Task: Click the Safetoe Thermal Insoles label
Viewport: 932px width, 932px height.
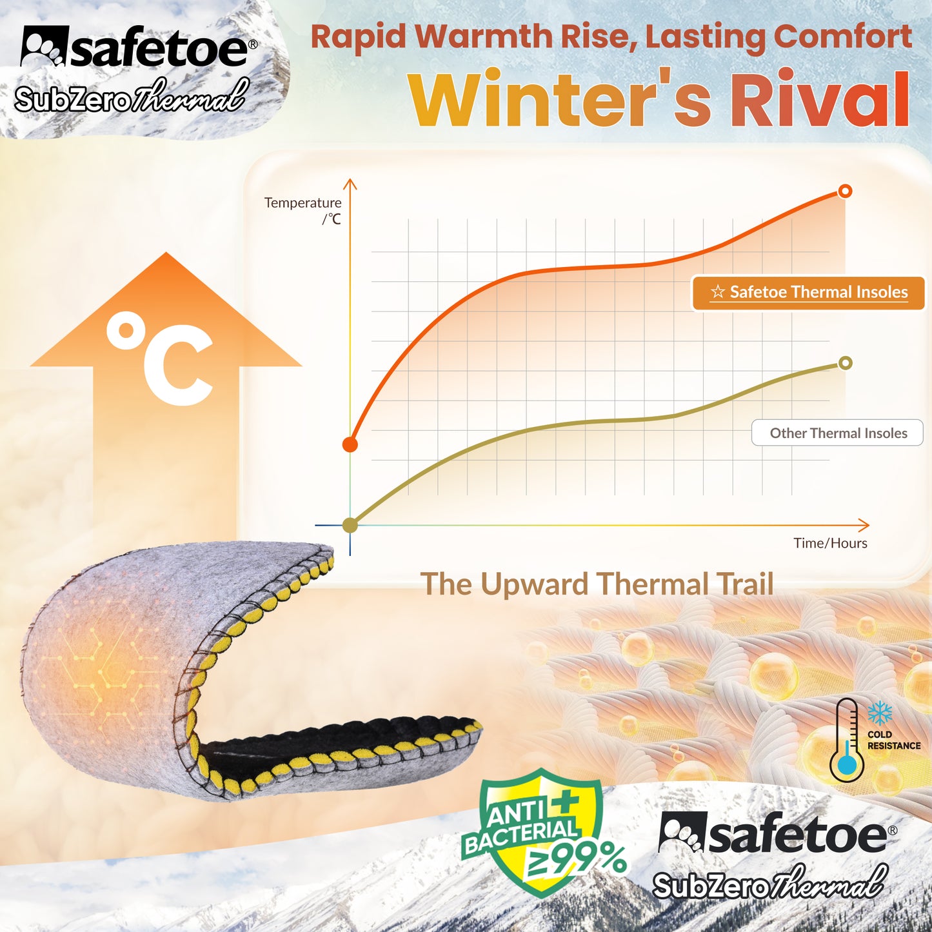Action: click(x=809, y=293)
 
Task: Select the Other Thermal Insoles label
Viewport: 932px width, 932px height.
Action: click(x=837, y=433)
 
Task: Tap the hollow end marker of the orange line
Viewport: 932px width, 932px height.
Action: click(x=845, y=191)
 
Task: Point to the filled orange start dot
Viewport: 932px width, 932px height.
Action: click(x=350, y=444)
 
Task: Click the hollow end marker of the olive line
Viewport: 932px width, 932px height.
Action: click(x=845, y=363)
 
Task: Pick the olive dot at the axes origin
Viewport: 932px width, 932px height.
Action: click(x=350, y=525)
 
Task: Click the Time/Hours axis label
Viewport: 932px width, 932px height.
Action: click(x=830, y=543)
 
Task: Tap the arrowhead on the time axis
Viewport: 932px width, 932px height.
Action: click(x=864, y=525)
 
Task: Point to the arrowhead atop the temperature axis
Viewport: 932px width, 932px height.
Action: click(x=350, y=184)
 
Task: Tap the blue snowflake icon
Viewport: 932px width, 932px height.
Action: click(x=879, y=713)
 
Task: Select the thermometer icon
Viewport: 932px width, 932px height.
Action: click(x=846, y=740)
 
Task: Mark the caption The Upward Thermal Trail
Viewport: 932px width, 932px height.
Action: click(x=597, y=584)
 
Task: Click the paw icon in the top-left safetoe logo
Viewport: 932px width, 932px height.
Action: click(x=44, y=46)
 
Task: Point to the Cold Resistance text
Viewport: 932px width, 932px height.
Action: click(x=893, y=740)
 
